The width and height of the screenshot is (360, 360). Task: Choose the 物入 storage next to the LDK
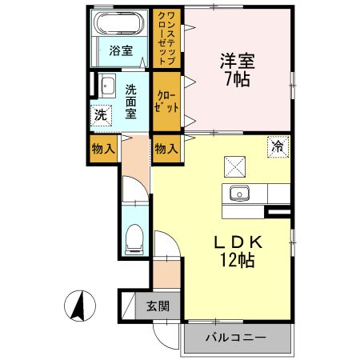(166, 149)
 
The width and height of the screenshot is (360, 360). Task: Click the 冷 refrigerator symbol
(277, 147)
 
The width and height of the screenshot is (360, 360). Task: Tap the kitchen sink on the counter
(239, 194)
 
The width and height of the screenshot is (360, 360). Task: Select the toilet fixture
(134, 238)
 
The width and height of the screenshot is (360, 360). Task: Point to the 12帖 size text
(236, 262)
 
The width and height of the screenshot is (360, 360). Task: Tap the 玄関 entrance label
(158, 305)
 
